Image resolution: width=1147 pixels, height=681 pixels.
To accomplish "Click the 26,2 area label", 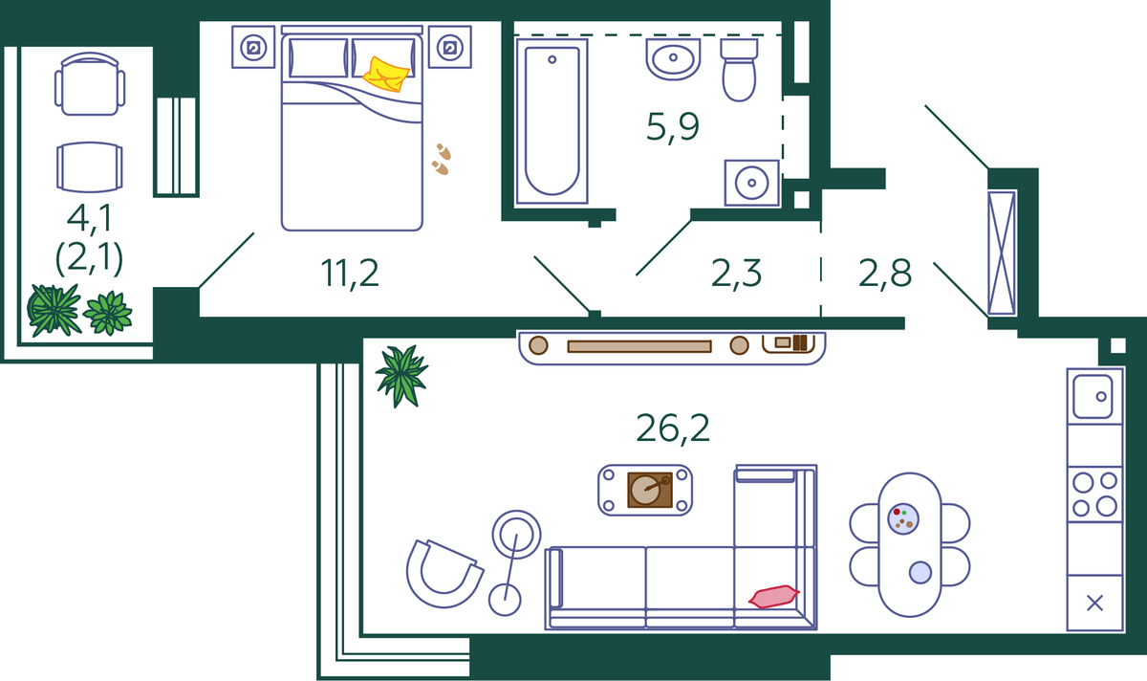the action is click(672, 428).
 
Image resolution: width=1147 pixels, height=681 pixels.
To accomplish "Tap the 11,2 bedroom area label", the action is click(350, 274).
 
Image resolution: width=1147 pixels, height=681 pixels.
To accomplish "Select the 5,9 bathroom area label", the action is click(672, 127).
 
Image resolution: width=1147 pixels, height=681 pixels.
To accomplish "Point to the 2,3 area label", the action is click(736, 274).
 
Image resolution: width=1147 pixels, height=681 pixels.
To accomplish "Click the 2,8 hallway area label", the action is click(885, 274).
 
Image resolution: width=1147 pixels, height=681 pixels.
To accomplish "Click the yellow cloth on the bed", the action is click(386, 75).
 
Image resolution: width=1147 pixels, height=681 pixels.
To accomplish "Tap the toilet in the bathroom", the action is click(739, 70).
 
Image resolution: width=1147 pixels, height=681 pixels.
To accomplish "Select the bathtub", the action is click(552, 121).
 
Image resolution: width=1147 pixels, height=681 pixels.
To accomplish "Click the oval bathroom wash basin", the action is click(673, 59).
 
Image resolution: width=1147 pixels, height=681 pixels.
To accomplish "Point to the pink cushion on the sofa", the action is click(773, 597).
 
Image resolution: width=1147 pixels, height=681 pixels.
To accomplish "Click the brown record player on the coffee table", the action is click(650, 490).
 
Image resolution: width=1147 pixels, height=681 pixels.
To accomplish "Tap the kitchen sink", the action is click(1093, 397).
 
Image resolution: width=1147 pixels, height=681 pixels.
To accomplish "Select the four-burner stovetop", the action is click(1094, 494).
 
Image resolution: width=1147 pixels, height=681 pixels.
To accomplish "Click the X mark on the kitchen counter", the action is click(1094, 604).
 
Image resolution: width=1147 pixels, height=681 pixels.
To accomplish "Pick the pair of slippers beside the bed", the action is click(441, 160).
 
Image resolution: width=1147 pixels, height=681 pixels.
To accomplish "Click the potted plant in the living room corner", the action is click(402, 376).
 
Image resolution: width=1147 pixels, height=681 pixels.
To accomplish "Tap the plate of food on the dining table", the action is click(902, 518).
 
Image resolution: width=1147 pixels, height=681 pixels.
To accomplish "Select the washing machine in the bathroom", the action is click(751, 183).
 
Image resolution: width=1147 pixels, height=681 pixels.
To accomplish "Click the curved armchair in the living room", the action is click(444, 573).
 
